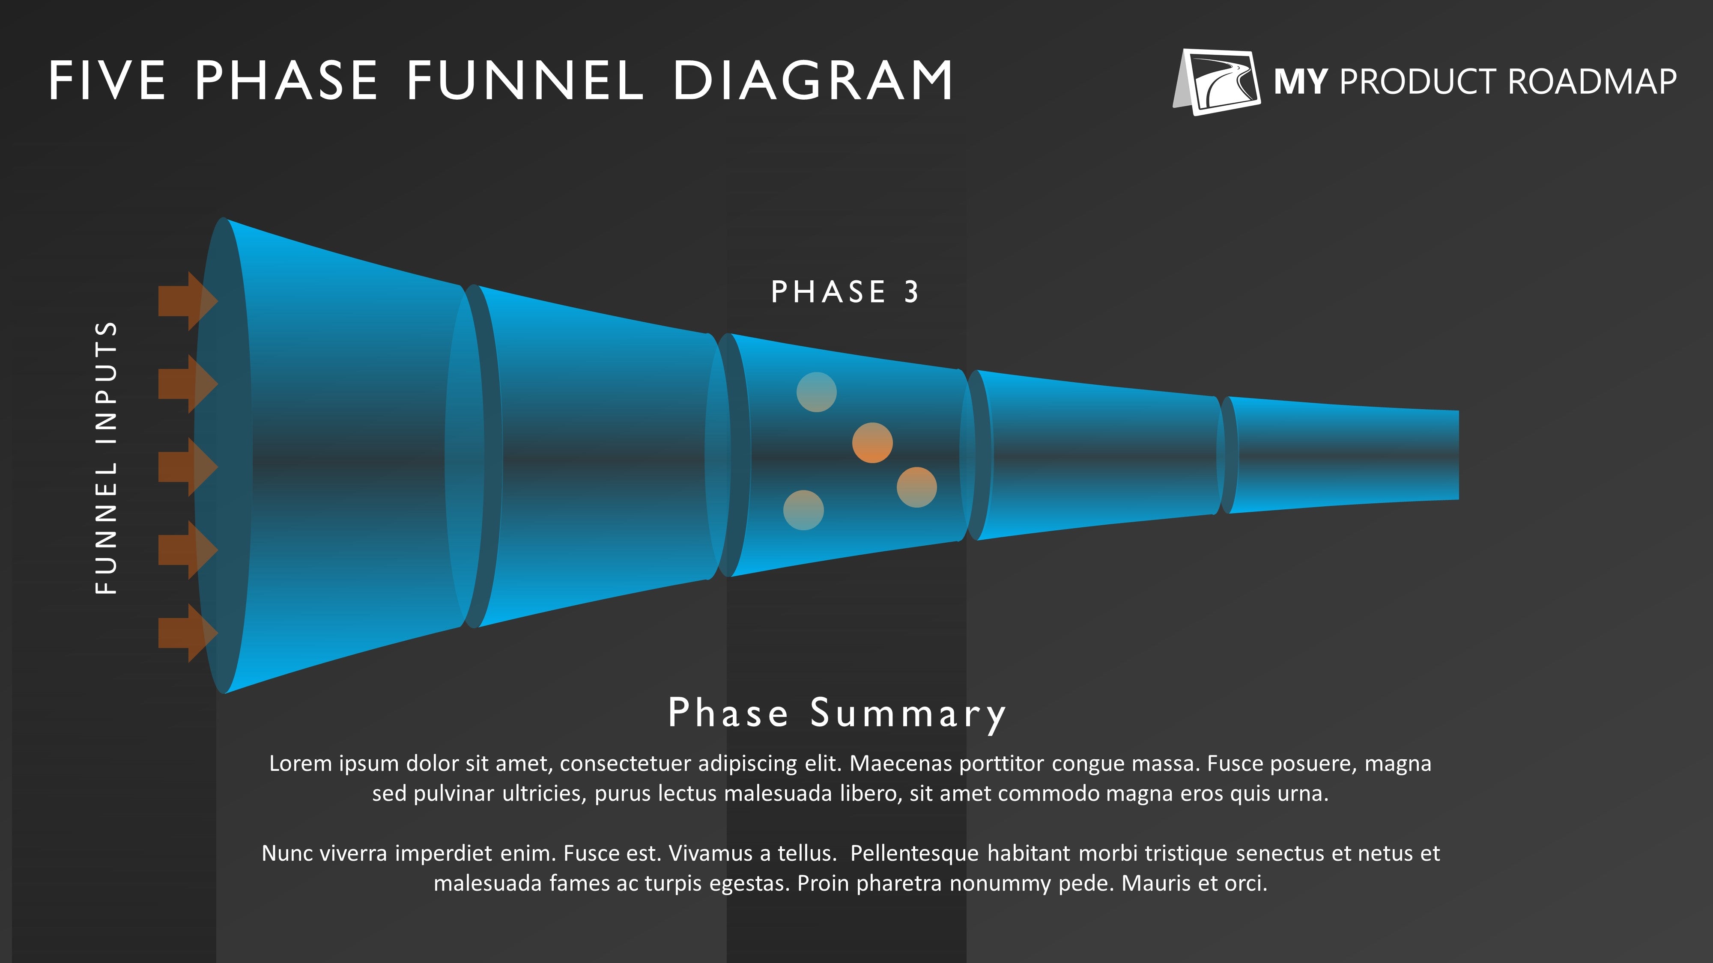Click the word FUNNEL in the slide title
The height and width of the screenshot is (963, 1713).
click(x=525, y=81)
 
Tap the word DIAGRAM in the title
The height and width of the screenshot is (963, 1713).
click(x=813, y=81)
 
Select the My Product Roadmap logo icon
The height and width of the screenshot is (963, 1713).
click(x=1216, y=82)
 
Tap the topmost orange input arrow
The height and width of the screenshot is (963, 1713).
click(x=188, y=301)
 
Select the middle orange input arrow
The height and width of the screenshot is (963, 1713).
click(x=188, y=467)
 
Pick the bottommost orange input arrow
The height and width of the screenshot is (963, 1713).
click(x=188, y=633)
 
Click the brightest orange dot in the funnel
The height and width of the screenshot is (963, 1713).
click(x=872, y=443)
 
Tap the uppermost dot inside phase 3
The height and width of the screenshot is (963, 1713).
click(x=817, y=392)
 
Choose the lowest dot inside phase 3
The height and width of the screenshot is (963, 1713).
click(x=803, y=511)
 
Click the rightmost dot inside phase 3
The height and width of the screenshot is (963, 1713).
click(x=917, y=487)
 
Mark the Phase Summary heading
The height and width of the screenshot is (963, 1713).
click(x=836, y=714)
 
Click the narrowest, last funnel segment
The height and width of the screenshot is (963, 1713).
click(x=1343, y=455)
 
